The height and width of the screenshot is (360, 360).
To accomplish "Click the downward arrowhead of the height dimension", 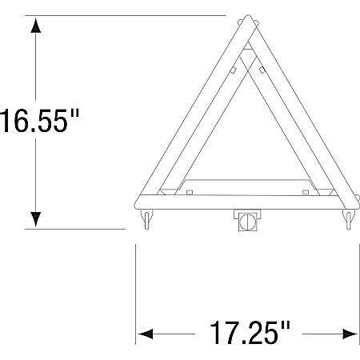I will (35, 218).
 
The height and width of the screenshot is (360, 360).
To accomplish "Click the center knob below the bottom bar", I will (246, 221).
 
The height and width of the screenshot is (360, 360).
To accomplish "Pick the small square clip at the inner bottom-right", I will (306, 190).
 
